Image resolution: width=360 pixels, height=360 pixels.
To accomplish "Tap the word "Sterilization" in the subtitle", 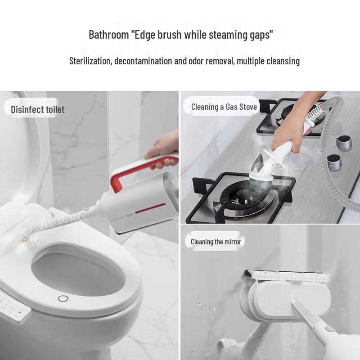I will (90, 61).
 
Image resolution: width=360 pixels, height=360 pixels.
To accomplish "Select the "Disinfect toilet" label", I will (38, 109).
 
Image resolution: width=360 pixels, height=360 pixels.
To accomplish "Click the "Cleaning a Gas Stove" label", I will (224, 107).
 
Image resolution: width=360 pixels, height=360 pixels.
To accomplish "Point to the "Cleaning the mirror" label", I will (216, 242).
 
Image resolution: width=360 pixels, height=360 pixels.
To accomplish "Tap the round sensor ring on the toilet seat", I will (63, 298).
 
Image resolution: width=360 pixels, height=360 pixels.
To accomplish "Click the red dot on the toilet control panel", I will (19, 311).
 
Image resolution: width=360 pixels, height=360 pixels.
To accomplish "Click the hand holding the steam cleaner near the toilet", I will (160, 148).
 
